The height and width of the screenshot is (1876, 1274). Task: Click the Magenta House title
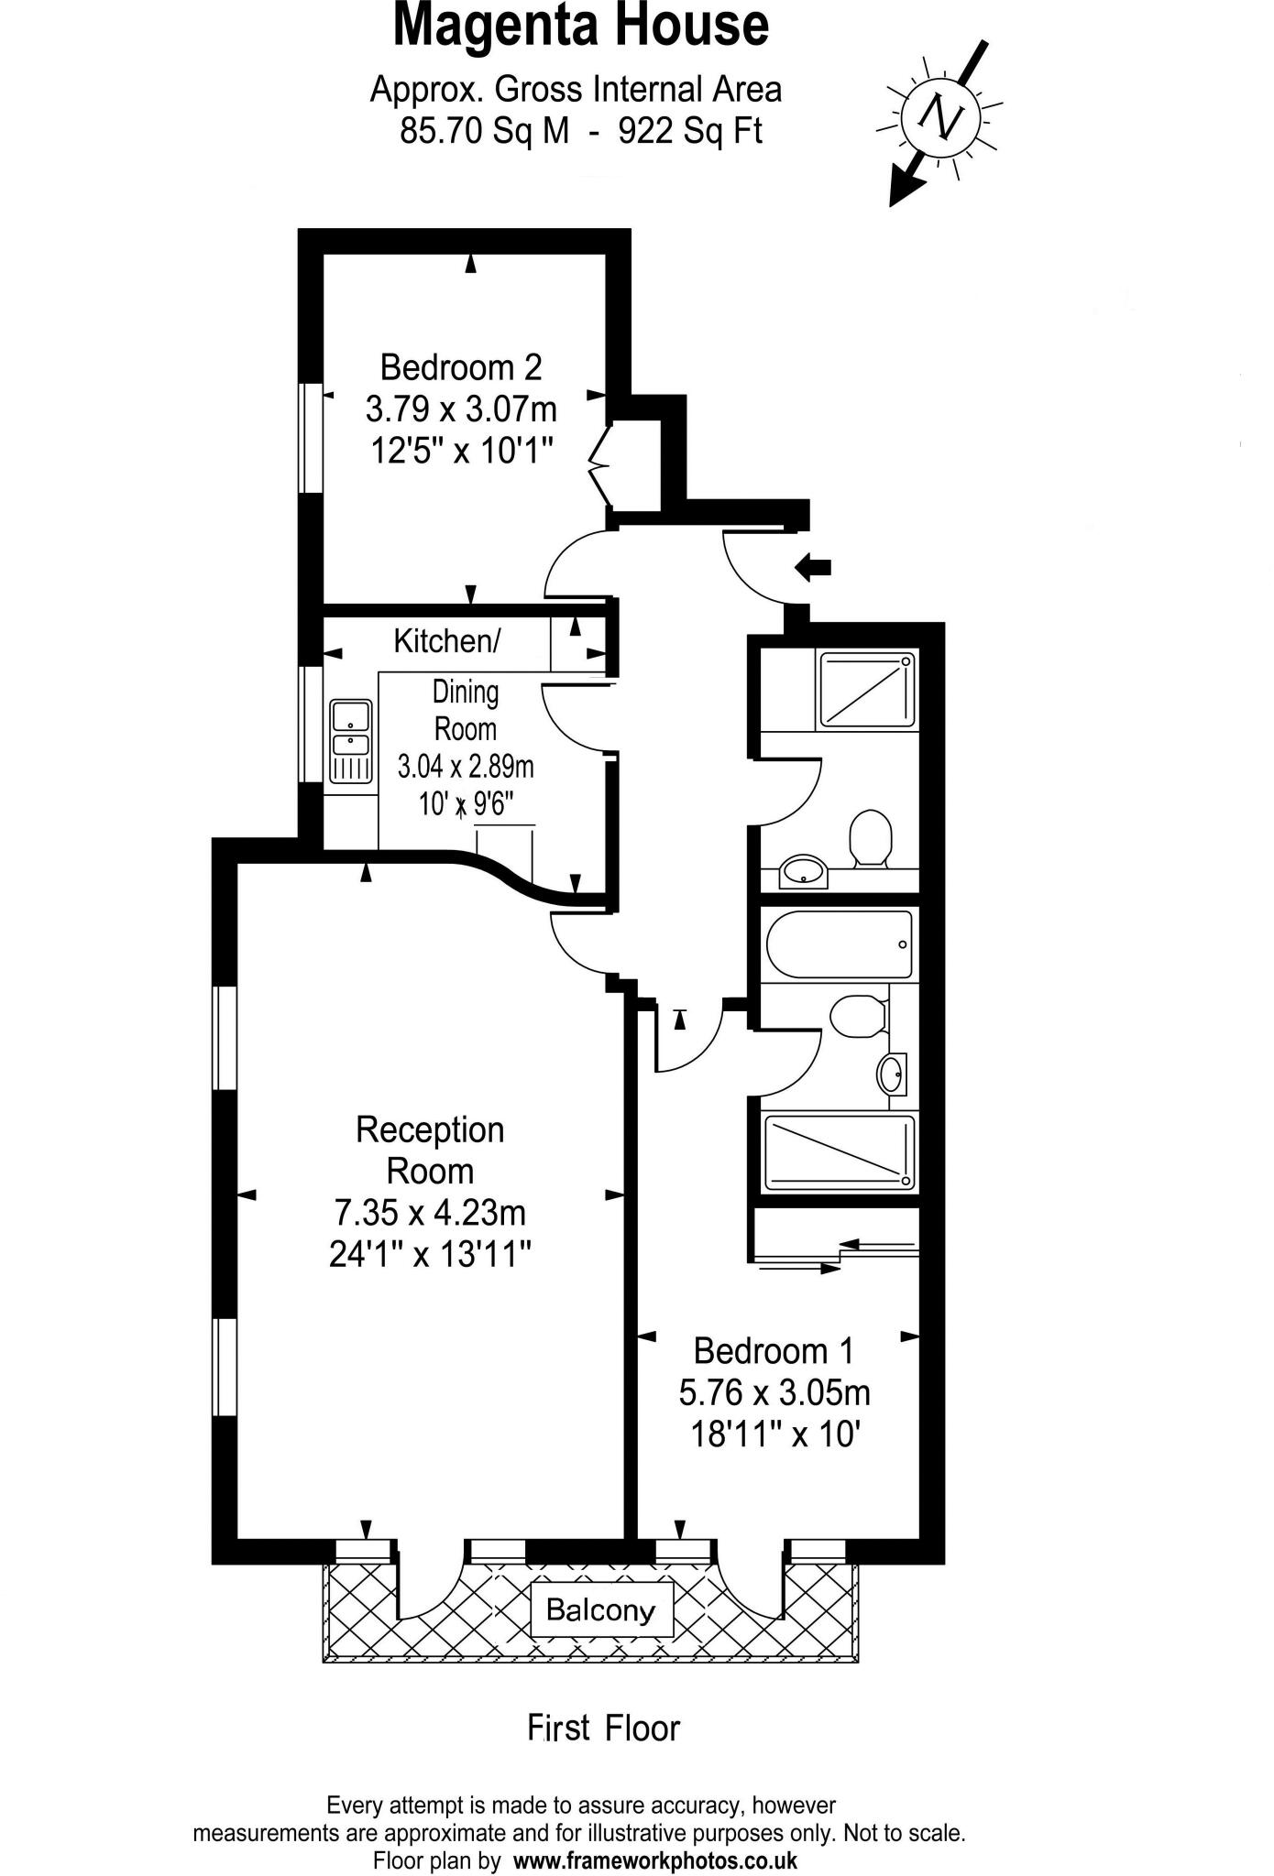point(580,26)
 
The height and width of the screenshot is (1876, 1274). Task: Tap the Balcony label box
point(601,1609)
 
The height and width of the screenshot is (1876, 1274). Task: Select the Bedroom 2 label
point(461,367)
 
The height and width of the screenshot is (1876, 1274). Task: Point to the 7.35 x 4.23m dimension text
point(430,1213)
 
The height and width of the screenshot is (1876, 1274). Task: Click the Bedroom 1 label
point(774,1350)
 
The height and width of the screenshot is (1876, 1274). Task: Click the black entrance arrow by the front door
point(813,567)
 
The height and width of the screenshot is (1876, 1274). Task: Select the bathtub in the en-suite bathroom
point(839,944)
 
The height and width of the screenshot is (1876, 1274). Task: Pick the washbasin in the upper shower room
point(804,871)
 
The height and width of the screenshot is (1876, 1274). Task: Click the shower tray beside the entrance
point(867,689)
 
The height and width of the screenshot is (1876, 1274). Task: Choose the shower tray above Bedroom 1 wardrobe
point(839,1152)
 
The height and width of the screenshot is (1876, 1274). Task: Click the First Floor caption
point(603,1729)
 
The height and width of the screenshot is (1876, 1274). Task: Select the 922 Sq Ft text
point(690,132)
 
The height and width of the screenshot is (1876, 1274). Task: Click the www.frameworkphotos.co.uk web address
point(654,1860)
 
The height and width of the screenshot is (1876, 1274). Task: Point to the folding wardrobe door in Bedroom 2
point(600,465)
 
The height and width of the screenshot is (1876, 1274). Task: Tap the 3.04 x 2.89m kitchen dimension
point(466,766)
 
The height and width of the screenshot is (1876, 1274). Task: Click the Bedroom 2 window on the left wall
point(312,438)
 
